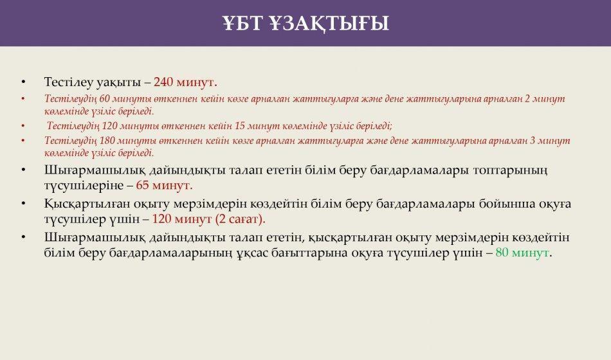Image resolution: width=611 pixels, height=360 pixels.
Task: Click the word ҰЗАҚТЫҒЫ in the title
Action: pos(329,23)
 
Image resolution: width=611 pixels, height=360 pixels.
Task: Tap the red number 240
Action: pos(163,82)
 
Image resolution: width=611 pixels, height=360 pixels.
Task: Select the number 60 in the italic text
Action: pos(105,98)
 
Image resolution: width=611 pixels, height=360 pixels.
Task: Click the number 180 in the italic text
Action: pos(107,141)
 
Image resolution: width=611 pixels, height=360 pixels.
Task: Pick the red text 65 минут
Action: pos(164,185)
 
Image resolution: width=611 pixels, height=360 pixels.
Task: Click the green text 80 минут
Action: pos(522,253)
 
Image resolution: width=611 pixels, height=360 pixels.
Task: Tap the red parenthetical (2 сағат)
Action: pos(240,219)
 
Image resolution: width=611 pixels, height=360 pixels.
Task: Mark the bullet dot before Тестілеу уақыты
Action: pos(23,82)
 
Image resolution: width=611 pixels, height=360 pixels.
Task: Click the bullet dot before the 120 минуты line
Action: pos(23,126)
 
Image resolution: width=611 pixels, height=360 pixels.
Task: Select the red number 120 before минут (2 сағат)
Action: pos(161,219)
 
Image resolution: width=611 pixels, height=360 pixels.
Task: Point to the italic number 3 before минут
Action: pos(533,141)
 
